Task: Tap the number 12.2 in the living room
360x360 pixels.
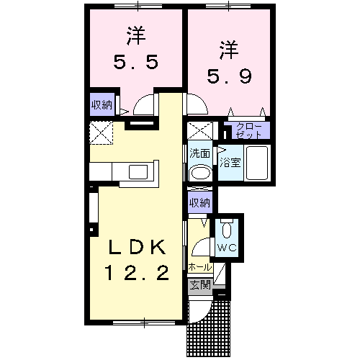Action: [x=138, y=273]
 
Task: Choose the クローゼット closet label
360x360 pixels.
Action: [x=250, y=131]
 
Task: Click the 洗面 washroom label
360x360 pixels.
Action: [x=200, y=153]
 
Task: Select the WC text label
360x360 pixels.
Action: [x=228, y=248]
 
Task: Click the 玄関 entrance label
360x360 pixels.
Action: [x=200, y=284]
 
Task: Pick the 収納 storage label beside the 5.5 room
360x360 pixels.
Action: [x=101, y=104]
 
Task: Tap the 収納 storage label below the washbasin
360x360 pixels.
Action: [x=199, y=203]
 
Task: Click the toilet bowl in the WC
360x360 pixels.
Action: [x=228, y=231]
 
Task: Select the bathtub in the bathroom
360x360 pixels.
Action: [x=256, y=163]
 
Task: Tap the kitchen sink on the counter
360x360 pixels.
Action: [x=136, y=171]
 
